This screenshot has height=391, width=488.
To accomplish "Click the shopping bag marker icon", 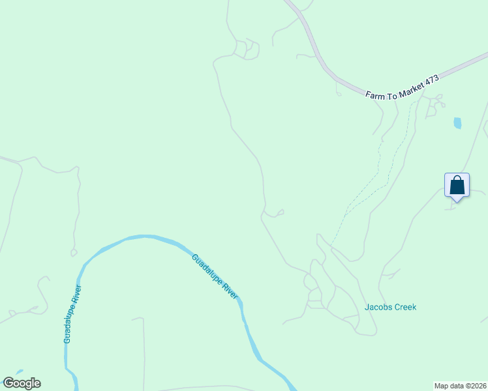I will coord(457,185).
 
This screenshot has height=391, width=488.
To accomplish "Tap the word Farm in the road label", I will coord(375,94).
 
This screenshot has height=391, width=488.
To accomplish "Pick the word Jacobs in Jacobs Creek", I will coord(377,307).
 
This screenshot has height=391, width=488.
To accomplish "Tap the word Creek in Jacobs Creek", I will coord(404,307).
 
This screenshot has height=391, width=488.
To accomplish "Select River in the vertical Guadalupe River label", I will coord(78,294).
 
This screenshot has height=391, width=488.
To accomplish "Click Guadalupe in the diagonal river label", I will coord(206,268).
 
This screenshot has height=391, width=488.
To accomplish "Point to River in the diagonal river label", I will coord(230,291).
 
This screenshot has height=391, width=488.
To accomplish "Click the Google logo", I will coord(22,383).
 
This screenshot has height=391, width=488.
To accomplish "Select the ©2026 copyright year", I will coord(475,386).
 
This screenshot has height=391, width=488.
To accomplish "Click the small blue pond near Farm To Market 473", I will coord(457,123).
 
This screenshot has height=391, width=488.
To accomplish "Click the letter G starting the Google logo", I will coord(8,383).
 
